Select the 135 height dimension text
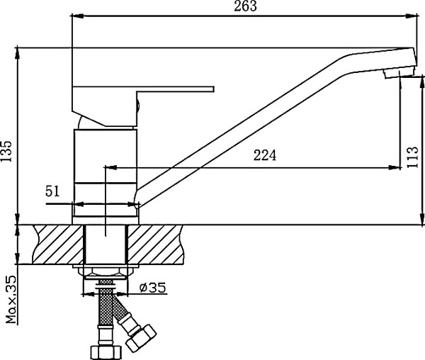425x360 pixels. (6, 150)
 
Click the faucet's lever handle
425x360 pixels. (170, 90)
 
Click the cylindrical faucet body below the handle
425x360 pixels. (104, 167)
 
